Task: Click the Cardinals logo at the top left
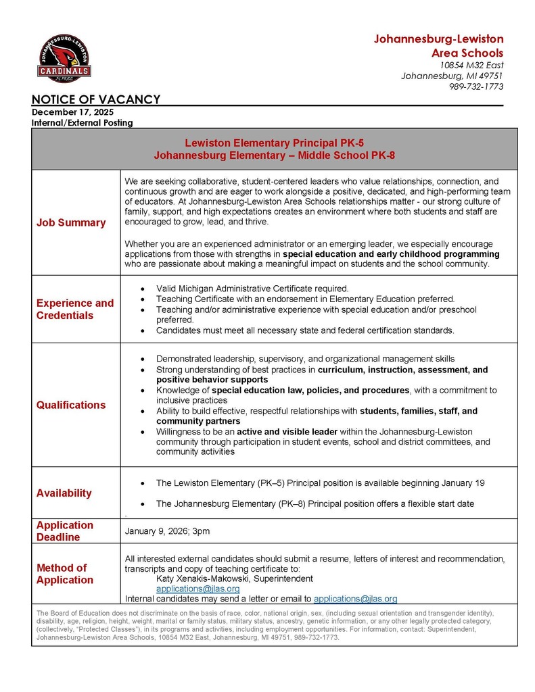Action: click(x=64, y=59)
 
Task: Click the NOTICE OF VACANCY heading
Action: click(x=96, y=100)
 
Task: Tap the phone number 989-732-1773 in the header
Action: click(x=476, y=86)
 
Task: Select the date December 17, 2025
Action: click(x=72, y=112)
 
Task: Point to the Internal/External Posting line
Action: click(x=82, y=123)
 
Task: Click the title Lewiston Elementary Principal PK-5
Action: click(x=274, y=143)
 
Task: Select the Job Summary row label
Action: click(x=71, y=223)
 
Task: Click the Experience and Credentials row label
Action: click(x=75, y=309)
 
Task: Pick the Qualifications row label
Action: click(x=71, y=405)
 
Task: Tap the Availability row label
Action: click(x=64, y=493)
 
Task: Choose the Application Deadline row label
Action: click(x=65, y=531)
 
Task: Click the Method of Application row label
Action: click(x=65, y=574)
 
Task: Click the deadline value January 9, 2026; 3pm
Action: click(x=167, y=531)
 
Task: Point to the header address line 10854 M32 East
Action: click(x=471, y=65)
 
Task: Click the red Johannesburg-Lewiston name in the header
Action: click(x=438, y=39)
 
